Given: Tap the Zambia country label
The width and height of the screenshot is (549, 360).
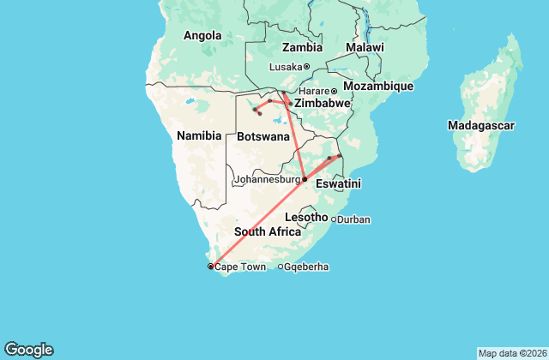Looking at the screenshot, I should (302, 47).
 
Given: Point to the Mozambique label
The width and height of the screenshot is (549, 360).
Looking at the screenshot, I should (378, 87).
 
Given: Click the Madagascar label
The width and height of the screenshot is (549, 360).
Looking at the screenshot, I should (480, 125).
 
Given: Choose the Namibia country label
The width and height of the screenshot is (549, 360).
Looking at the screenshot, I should (199, 135).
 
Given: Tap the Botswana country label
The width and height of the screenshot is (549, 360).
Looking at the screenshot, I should (262, 136).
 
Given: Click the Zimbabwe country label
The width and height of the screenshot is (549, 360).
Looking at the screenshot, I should (323, 103).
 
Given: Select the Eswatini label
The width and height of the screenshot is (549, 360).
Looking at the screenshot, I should (338, 183).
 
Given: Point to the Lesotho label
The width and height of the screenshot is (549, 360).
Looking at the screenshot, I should (306, 217).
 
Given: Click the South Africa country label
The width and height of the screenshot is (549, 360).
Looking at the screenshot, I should (268, 231).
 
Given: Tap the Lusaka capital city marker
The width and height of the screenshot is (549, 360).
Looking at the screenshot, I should (307, 66).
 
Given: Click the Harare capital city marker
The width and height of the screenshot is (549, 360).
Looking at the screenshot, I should (334, 91).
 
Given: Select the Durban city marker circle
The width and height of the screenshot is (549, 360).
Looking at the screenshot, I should (334, 219).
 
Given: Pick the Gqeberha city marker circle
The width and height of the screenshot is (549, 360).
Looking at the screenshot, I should (281, 267).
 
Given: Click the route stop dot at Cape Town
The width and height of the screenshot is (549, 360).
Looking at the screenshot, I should (210, 267).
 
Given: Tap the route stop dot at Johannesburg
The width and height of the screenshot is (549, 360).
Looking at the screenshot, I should (305, 179).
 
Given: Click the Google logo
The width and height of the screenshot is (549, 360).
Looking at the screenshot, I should (28, 349).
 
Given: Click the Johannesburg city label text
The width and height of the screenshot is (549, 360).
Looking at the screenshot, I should (267, 180).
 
